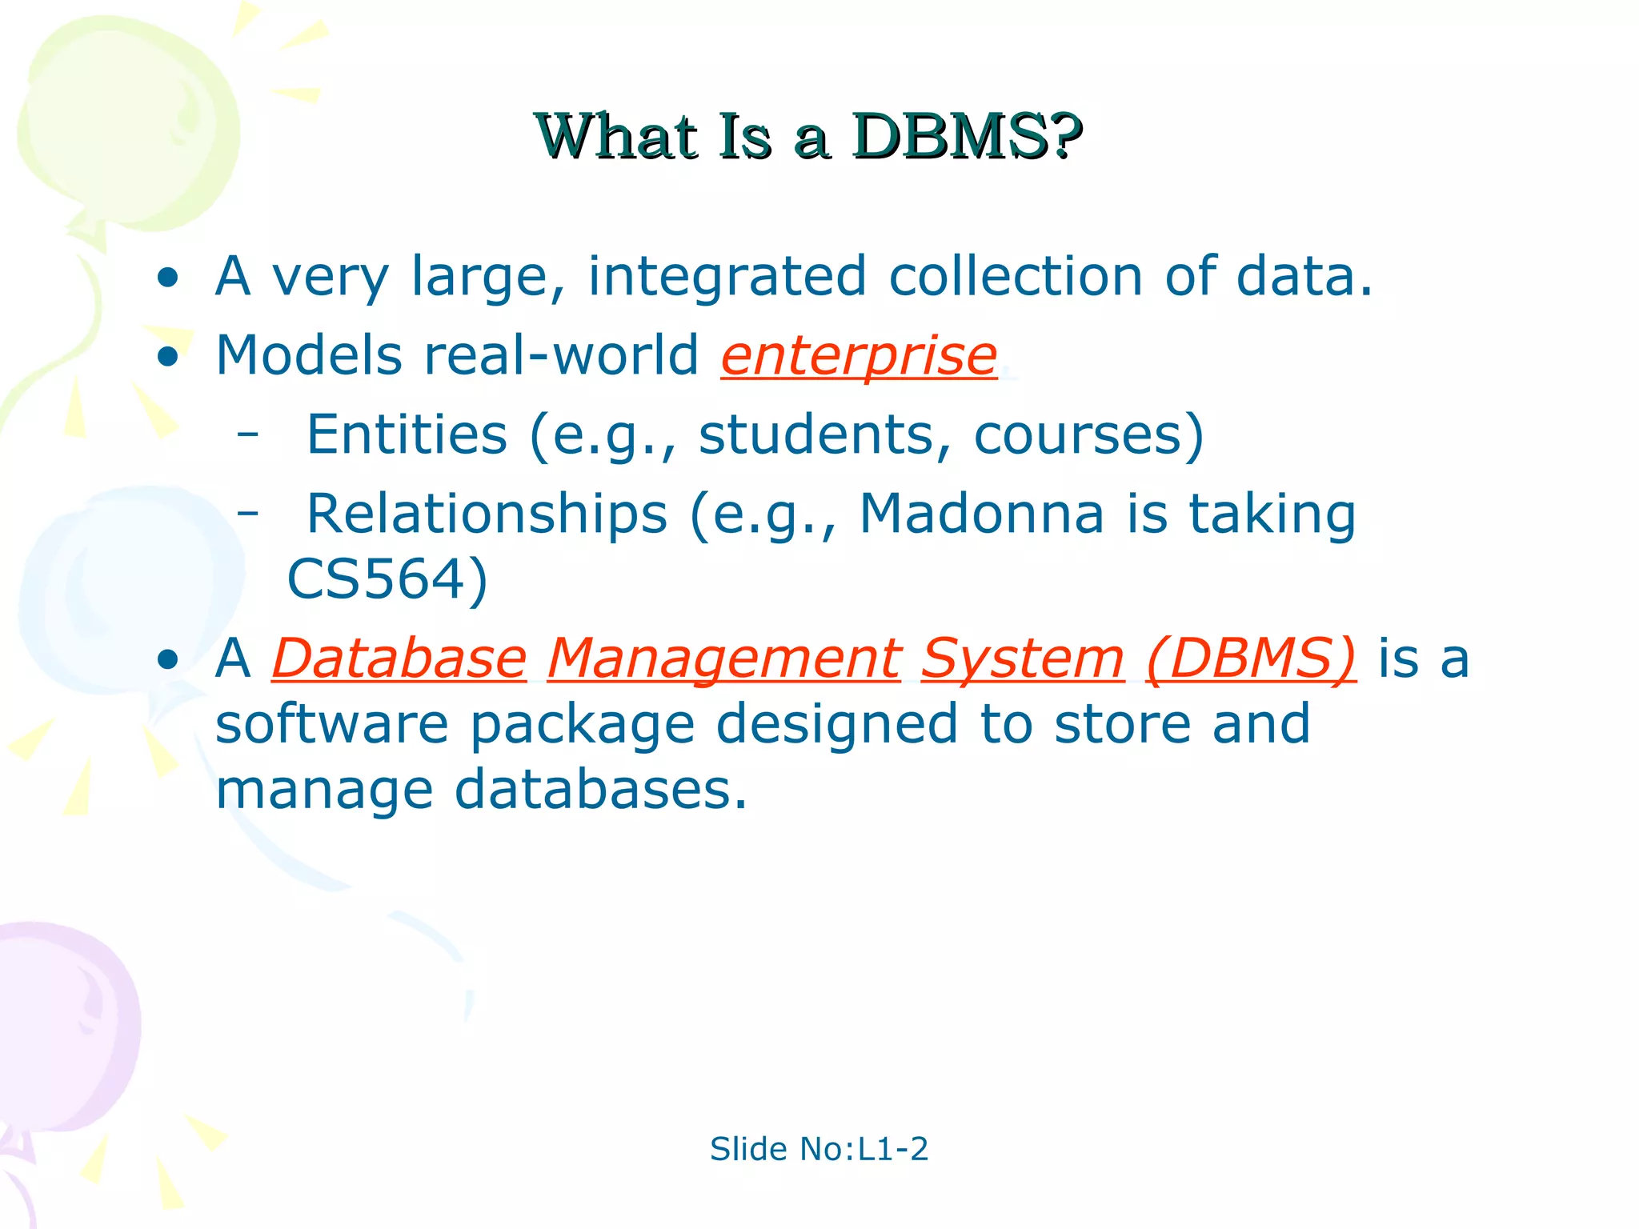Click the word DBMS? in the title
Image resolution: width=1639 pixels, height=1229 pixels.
(x=966, y=137)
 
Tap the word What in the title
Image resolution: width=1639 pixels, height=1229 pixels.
(x=617, y=137)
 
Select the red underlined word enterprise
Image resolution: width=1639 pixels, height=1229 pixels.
(x=859, y=355)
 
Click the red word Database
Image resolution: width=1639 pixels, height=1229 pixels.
(x=399, y=659)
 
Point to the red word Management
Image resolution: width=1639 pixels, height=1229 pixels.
(x=723, y=659)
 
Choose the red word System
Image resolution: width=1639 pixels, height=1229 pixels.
(x=1023, y=659)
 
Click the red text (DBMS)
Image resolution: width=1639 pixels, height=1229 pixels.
(x=1251, y=659)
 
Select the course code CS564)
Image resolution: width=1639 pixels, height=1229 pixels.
(x=387, y=579)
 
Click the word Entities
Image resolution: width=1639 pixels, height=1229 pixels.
(x=407, y=434)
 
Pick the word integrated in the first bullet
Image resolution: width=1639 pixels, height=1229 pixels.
(x=727, y=276)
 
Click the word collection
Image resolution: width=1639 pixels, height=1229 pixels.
(x=1016, y=276)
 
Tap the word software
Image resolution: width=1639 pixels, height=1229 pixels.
(x=332, y=724)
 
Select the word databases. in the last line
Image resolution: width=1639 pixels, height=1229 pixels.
(x=600, y=790)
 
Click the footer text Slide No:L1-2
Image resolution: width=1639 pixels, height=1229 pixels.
(x=819, y=1149)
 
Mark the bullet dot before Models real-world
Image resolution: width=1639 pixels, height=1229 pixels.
(x=167, y=357)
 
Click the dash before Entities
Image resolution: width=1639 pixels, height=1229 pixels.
(x=248, y=434)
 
